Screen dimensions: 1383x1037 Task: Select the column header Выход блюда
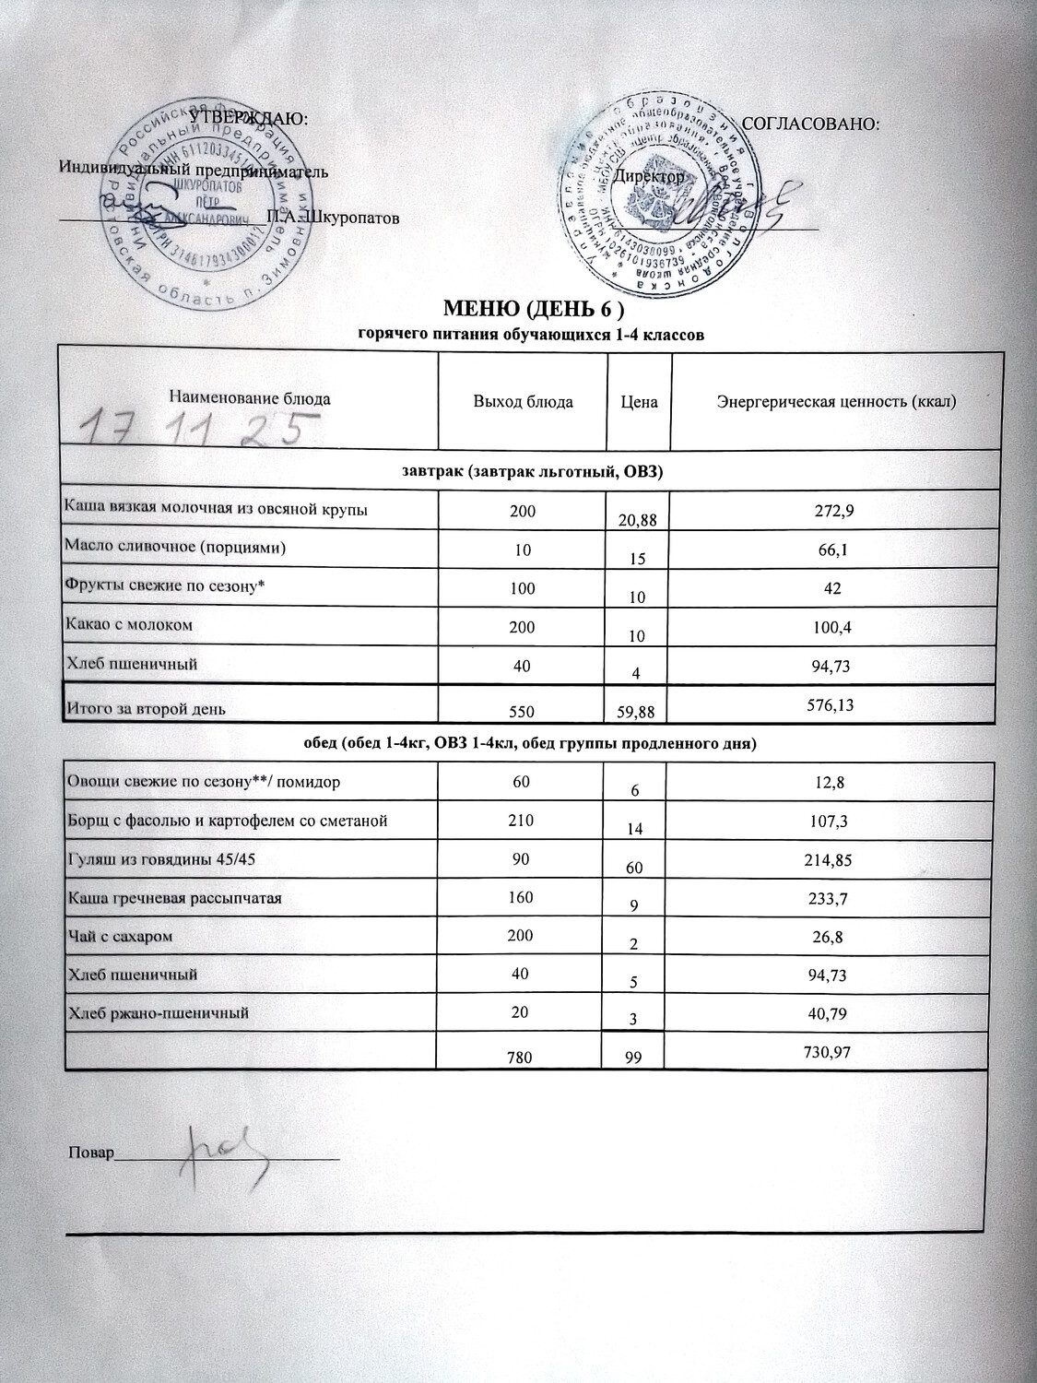(x=523, y=402)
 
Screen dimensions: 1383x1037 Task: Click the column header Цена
(x=639, y=403)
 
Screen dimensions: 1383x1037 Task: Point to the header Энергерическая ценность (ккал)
(x=836, y=402)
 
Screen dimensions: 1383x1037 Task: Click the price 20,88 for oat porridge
(x=639, y=521)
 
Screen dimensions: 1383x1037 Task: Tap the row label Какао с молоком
(x=128, y=624)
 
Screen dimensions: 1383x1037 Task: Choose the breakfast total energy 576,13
(x=836, y=703)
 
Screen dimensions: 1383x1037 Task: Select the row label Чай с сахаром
(x=121, y=936)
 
